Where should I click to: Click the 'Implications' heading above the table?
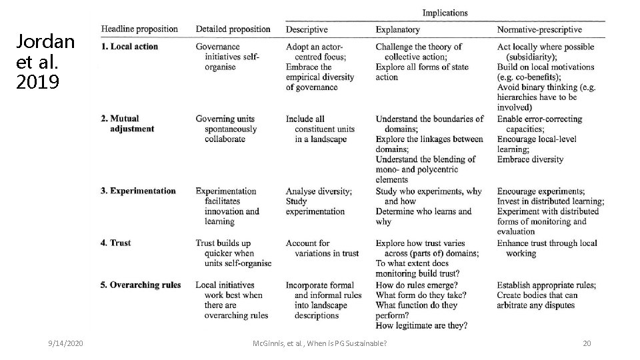[445, 13]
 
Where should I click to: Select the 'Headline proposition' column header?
[139, 29]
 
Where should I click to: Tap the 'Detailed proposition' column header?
[233, 29]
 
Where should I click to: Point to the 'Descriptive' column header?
[307, 29]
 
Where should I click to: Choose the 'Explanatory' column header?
[397, 29]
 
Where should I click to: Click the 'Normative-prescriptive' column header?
[539, 29]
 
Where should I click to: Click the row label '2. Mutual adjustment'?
[127, 124]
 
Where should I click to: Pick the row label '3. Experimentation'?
[139, 191]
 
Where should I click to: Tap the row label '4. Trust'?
[116, 243]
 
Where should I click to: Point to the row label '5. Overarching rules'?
[141, 285]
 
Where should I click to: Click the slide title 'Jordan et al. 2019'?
[45, 62]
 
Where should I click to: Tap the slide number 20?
[587, 343]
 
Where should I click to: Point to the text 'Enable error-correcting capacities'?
[539, 124]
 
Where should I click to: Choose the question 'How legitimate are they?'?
[421, 325]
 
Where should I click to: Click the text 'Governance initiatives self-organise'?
[227, 57]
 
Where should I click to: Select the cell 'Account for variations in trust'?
[322, 248]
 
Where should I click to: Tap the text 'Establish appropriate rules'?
[547, 285]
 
